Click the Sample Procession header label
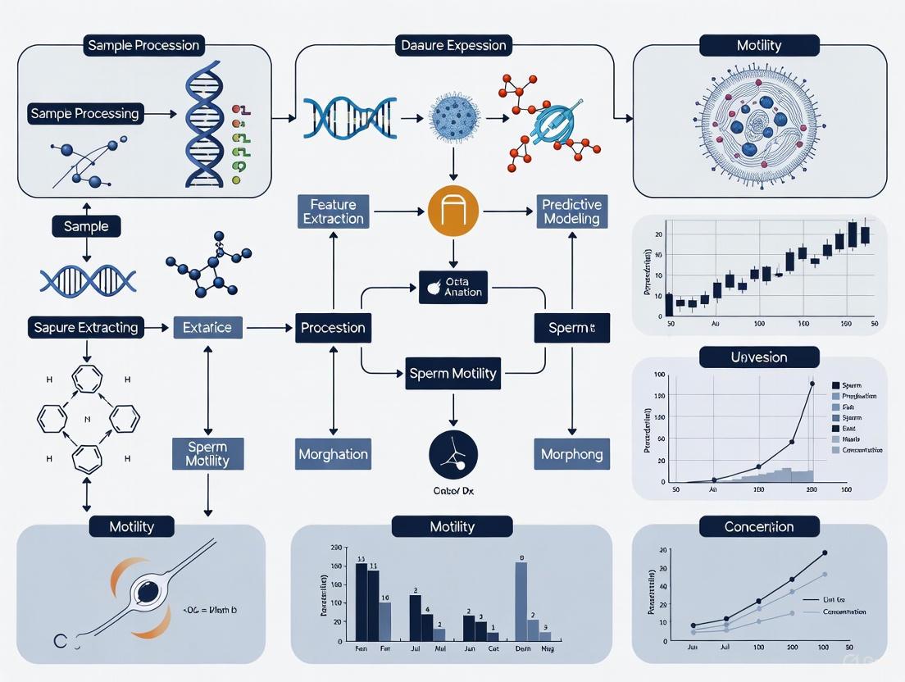(143, 44)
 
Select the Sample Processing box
(85, 113)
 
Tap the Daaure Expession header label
(453, 44)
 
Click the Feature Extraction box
(332, 211)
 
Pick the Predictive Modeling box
(571, 211)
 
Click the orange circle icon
(453, 211)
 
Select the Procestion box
(333, 327)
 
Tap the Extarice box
(207, 327)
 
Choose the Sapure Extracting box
(85, 327)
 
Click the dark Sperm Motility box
(452, 373)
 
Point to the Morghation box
(333, 453)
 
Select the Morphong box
(571, 453)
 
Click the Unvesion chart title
(758, 357)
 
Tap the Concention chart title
(758, 526)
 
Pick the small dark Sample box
(86, 225)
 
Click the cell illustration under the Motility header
(759, 124)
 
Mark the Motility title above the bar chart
(452, 526)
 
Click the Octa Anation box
(452, 287)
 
